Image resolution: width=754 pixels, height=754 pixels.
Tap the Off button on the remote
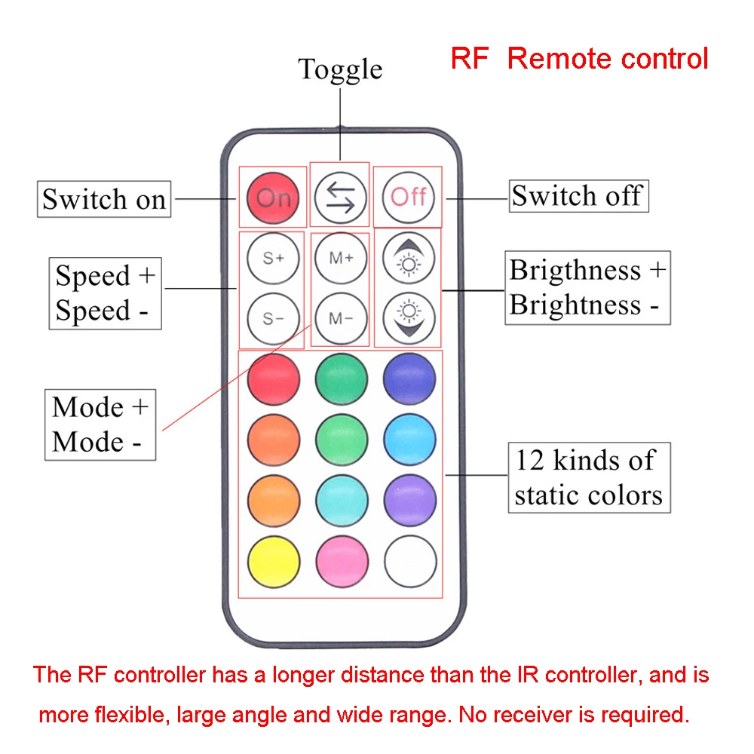tap(409, 198)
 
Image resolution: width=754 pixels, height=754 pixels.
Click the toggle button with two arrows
tap(340, 198)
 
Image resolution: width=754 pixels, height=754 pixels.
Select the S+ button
tap(273, 258)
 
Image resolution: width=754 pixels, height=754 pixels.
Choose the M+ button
tap(341, 258)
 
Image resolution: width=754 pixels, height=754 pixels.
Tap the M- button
tap(341, 317)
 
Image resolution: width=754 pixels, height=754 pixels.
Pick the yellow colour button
tap(273, 562)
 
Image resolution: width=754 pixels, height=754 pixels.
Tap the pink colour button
tap(341, 562)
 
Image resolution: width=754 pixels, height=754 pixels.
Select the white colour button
tap(409, 562)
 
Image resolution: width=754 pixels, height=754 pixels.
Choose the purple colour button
tap(409, 500)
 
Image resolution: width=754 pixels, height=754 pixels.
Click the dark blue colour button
tap(409, 378)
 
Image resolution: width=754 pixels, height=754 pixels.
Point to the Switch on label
tap(104, 200)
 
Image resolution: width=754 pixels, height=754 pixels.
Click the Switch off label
tap(577, 196)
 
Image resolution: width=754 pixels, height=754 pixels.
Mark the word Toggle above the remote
tap(340, 69)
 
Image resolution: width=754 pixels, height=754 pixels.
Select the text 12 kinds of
tap(585, 460)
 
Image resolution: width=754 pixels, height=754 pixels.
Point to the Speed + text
tap(105, 276)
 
